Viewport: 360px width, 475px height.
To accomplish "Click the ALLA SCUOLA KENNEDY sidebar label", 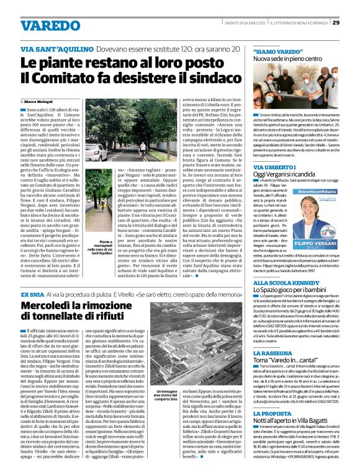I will pos(295,300).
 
